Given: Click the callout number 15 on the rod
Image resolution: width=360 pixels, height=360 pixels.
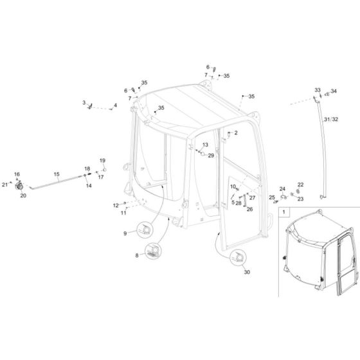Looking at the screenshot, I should pos(56,174).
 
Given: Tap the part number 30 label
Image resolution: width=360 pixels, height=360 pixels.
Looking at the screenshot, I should pos(246,272).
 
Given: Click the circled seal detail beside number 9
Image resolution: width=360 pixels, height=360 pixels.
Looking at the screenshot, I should pos(146,230).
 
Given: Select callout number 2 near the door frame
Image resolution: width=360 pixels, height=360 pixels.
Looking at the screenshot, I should pos(235,133).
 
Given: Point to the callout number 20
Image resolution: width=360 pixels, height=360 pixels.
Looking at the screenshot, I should pos(23,195).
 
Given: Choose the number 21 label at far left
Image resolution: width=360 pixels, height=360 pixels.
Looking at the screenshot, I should pos(4,185).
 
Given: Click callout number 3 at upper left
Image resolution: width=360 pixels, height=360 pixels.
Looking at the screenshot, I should pos(84,102).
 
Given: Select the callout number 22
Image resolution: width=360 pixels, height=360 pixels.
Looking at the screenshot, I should pos(300,185).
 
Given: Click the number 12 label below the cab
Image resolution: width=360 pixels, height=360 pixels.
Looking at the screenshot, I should pos(116,205).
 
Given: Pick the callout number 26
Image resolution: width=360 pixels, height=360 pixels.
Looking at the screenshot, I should pos(250,208).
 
